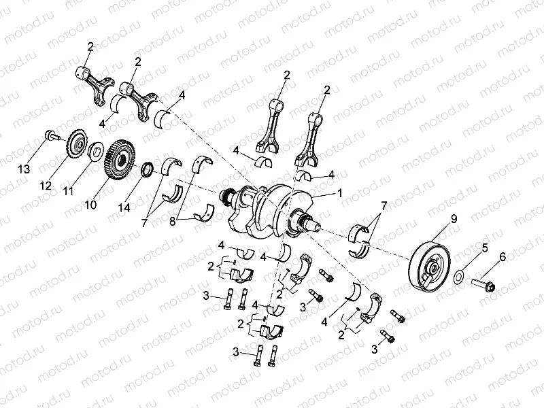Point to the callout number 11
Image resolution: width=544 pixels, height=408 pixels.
point(67,192)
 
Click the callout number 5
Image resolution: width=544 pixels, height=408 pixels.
point(484,249)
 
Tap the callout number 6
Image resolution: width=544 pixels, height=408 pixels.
point(503,256)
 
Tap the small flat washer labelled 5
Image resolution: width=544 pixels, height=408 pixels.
point(460,275)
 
